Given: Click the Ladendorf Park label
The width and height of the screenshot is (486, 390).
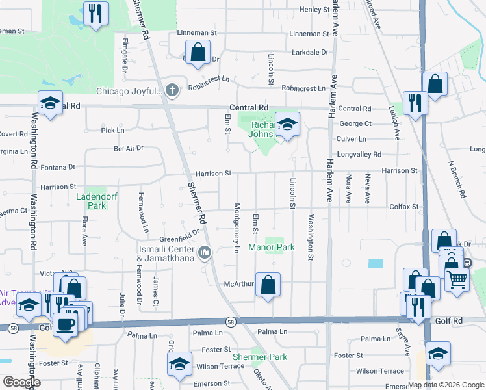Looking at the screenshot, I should (90, 201).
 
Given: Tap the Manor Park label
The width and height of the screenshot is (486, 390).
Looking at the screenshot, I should (272, 247).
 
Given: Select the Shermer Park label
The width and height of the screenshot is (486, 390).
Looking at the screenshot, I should (260, 357).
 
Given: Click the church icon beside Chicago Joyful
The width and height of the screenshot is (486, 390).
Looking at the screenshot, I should (172, 90).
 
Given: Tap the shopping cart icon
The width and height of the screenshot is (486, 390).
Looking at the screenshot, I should (457, 279).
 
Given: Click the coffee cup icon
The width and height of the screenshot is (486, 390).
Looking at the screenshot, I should (65, 323).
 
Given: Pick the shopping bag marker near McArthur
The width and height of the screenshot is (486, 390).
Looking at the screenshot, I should (268, 284).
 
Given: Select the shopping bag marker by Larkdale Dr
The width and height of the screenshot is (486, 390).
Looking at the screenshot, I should (198, 51).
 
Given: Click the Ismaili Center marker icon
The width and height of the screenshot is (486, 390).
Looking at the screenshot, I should (205, 252).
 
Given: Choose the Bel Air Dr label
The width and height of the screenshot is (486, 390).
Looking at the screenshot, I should (128, 148).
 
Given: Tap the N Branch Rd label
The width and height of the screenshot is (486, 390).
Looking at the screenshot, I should (457, 179).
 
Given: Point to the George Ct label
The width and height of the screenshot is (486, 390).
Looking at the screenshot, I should (355, 123).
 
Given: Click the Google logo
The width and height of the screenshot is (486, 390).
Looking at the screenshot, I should (21, 382).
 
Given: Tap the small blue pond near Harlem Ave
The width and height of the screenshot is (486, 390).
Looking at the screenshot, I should (375, 263).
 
